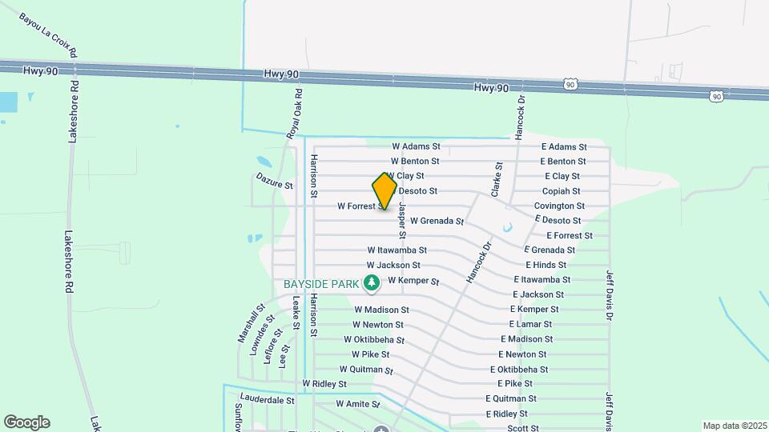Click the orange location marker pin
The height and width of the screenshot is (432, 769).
[x=384, y=191]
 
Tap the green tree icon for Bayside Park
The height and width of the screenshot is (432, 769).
[x=371, y=282]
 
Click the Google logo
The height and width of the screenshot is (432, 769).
[x=26, y=422]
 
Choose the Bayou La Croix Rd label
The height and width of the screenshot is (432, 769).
[x=48, y=34]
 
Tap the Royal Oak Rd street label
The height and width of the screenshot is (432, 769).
[x=295, y=119]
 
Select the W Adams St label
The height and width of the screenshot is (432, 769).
[x=416, y=147]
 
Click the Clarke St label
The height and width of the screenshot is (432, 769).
[x=497, y=179]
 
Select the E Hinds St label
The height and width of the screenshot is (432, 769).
[x=546, y=265]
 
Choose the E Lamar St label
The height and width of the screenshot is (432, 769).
[x=530, y=324]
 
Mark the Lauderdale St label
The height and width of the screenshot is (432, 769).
[x=268, y=399]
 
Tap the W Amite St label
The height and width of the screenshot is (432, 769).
[x=357, y=404]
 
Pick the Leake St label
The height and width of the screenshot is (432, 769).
[x=296, y=314]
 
